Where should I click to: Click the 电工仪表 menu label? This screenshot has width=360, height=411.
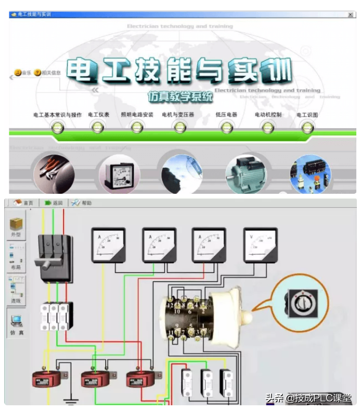98,115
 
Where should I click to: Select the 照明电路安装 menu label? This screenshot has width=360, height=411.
137,115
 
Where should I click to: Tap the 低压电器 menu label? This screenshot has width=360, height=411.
226,115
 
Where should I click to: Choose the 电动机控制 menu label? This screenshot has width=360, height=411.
268,115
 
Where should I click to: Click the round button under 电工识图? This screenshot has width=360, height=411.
307,127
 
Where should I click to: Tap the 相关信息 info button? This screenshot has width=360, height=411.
47,73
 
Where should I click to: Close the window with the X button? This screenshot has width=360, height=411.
350,15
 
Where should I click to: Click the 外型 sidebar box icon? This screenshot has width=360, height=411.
16,226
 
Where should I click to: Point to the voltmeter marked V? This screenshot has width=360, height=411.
261,244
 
